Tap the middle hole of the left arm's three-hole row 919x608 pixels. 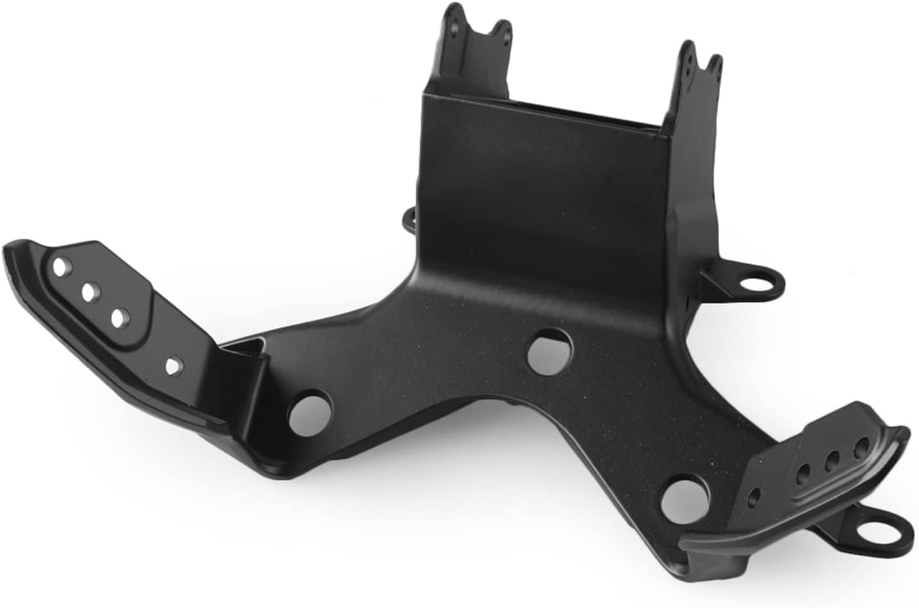[89, 292]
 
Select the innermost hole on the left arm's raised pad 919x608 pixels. [119, 317]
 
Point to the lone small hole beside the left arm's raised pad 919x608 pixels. [172, 366]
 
